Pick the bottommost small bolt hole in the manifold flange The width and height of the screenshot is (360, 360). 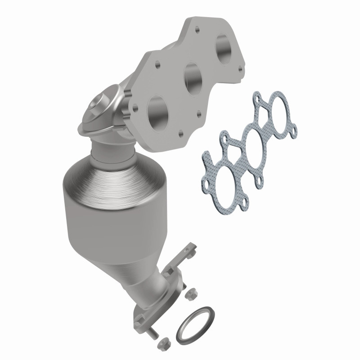pos(180,133)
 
